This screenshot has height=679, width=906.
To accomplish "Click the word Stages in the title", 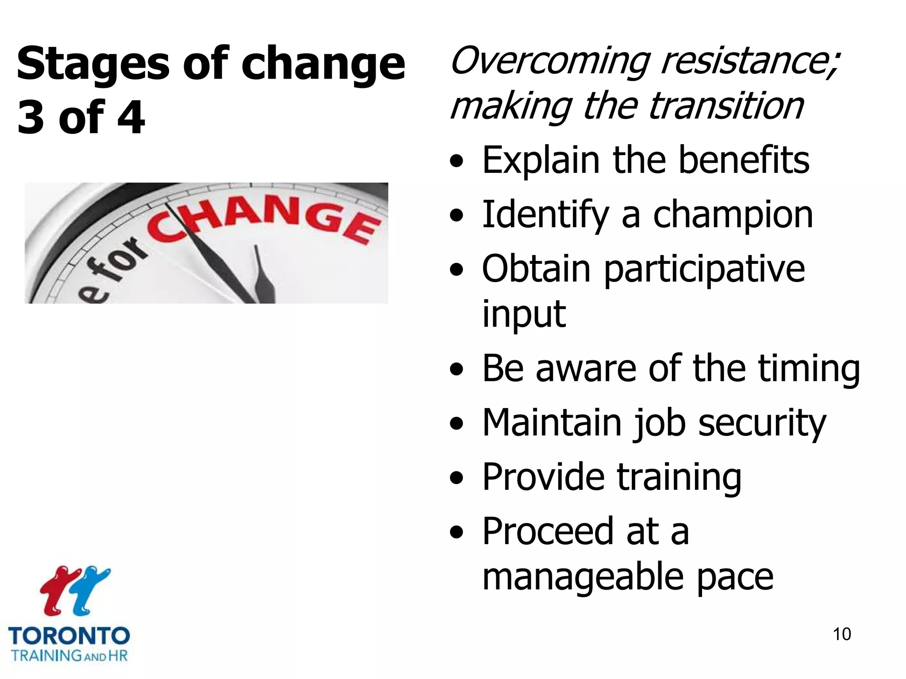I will (93, 64).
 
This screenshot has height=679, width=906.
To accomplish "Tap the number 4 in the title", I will (131, 117).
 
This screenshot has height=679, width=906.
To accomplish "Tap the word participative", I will (704, 269).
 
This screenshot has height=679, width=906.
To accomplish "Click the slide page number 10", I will (841, 634).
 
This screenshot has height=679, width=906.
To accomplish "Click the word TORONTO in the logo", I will (69, 636).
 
